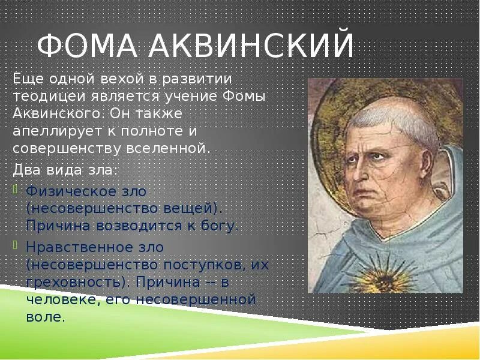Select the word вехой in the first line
[x=122, y=80]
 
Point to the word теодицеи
[x=49, y=97]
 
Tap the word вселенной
[x=169, y=149]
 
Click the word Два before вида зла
[x=27, y=170]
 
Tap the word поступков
[x=205, y=265]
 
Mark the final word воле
[x=46, y=317]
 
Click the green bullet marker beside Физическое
[x=16, y=189]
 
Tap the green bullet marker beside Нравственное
[x=16, y=245]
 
